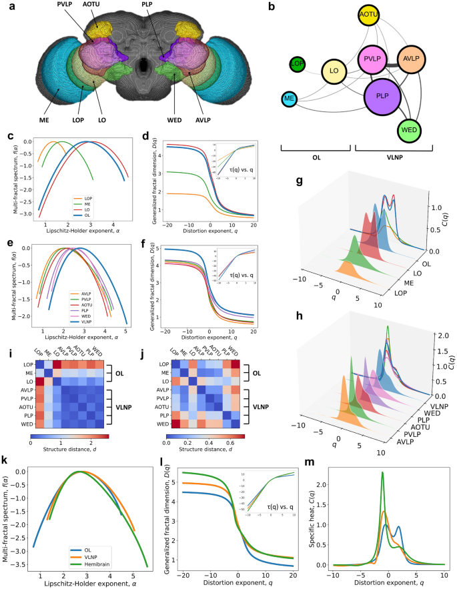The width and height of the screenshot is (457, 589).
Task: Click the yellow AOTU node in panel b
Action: tap(368, 15)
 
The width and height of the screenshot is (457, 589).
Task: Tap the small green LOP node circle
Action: tap(298, 64)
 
